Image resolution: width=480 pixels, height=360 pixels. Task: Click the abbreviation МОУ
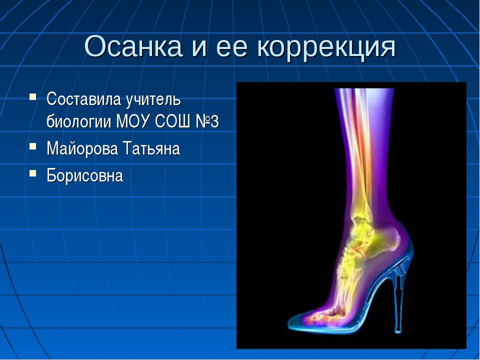(132, 121)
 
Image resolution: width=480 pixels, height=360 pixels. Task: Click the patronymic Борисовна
(84, 175)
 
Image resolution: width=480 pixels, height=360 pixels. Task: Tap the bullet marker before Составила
(32, 95)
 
